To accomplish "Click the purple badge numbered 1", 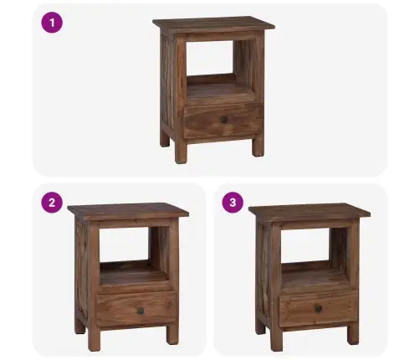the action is pyautogui.click(x=52, y=23).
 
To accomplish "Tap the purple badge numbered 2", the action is pyautogui.click(x=52, y=203).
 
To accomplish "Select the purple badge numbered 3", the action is pyautogui.click(x=233, y=203).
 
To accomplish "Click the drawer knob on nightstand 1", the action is pyautogui.click(x=224, y=120).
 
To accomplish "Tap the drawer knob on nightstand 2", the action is pyautogui.click(x=141, y=311).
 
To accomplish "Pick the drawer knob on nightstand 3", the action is pyautogui.click(x=318, y=308).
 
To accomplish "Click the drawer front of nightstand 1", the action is pyautogui.click(x=223, y=120).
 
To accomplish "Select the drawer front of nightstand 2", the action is pyautogui.click(x=136, y=309).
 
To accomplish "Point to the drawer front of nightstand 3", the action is pyautogui.click(x=318, y=308).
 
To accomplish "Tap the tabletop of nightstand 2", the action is pyautogui.click(x=128, y=211).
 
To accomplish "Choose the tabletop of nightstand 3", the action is pyautogui.click(x=310, y=211).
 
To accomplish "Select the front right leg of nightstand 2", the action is pyautogui.click(x=172, y=334).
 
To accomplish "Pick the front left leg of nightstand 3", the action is pyautogui.click(x=276, y=338).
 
